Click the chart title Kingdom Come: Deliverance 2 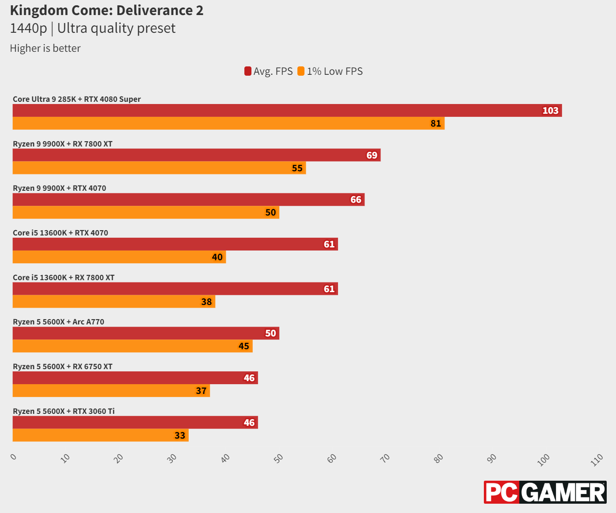(x=106, y=10)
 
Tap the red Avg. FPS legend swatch (x=248, y=71)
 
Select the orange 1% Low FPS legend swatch (x=301, y=71)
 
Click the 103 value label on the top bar (x=550, y=111)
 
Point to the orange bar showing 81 (x=228, y=123)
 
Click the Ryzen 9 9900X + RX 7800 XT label (x=63, y=144)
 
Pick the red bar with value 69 (x=196, y=155)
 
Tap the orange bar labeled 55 (x=159, y=168)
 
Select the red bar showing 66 (x=188, y=200)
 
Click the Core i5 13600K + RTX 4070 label (x=61, y=233)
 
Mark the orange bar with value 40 (x=119, y=257)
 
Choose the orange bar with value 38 (x=114, y=302)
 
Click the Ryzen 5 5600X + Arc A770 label (x=59, y=322)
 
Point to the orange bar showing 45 (x=132, y=346)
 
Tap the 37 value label (x=201, y=391)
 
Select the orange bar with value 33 (x=100, y=436)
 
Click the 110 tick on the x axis (x=597, y=459)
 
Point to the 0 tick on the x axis (x=14, y=457)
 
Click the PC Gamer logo (x=545, y=492)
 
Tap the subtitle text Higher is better (x=45, y=48)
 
